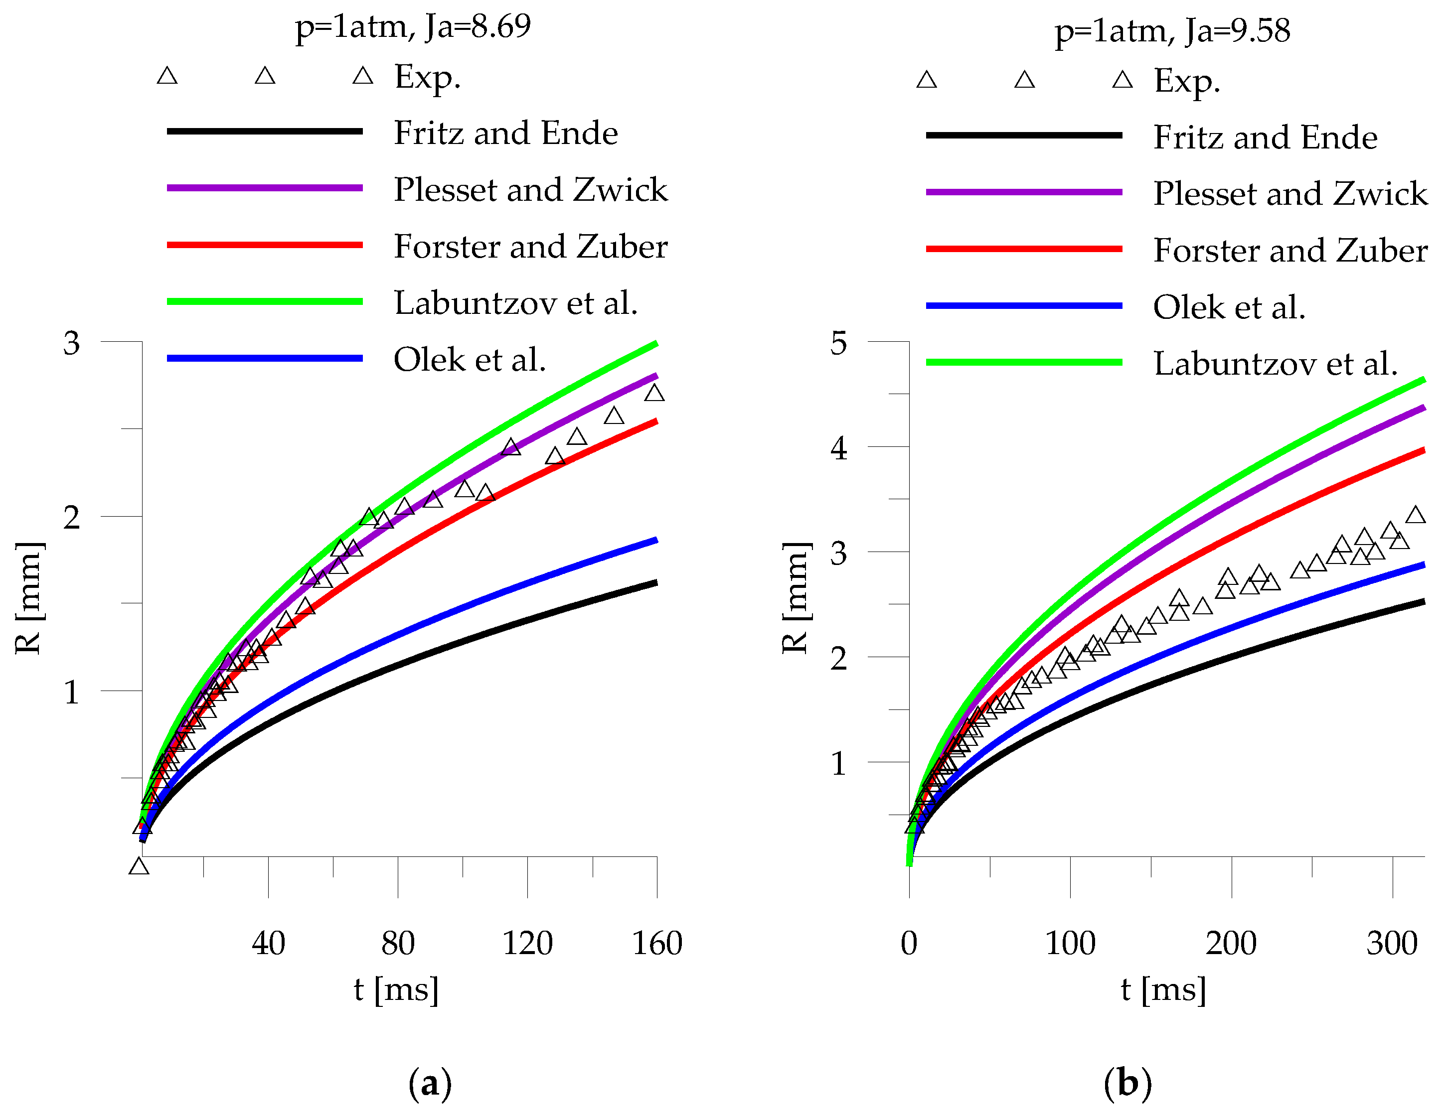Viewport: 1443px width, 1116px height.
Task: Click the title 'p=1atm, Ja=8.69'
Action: coord(412,27)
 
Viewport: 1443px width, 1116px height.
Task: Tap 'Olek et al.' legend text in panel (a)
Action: coord(470,360)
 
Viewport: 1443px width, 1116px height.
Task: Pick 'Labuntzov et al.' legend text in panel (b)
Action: coord(1275,364)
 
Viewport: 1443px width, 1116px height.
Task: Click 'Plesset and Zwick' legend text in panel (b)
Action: coord(1289,193)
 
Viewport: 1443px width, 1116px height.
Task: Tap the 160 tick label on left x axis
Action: coord(657,943)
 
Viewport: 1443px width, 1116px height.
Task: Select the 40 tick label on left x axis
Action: coord(268,943)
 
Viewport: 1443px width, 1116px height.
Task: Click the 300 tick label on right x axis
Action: coord(1392,943)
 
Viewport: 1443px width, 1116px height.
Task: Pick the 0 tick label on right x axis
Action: coord(909,943)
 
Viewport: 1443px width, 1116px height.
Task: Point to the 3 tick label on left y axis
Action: coord(71,343)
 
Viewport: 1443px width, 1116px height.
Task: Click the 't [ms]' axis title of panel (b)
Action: coord(1163,989)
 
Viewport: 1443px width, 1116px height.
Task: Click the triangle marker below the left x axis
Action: coord(139,866)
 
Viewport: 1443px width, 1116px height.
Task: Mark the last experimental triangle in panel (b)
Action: coord(1415,515)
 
